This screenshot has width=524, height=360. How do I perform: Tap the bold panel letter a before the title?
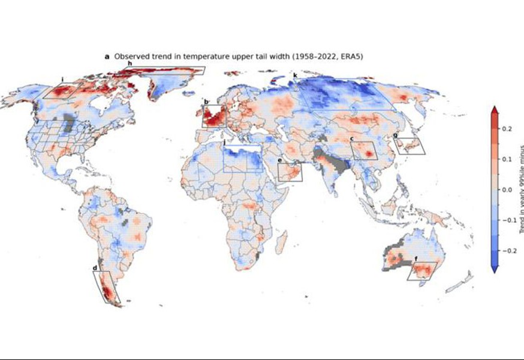[x=107, y=56]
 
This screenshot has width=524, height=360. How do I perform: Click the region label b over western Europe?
[x=206, y=102]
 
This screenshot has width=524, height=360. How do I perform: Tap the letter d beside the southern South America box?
[x=95, y=268]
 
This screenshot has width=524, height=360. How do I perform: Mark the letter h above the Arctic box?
[x=129, y=63]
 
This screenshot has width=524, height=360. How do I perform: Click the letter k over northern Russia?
[x=295, y=75]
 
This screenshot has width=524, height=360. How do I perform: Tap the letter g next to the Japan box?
[x=395, y=135]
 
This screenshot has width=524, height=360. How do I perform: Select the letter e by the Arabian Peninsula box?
[x=279, y=161]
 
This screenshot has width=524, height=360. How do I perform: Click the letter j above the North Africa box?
[x=224, y=142]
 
